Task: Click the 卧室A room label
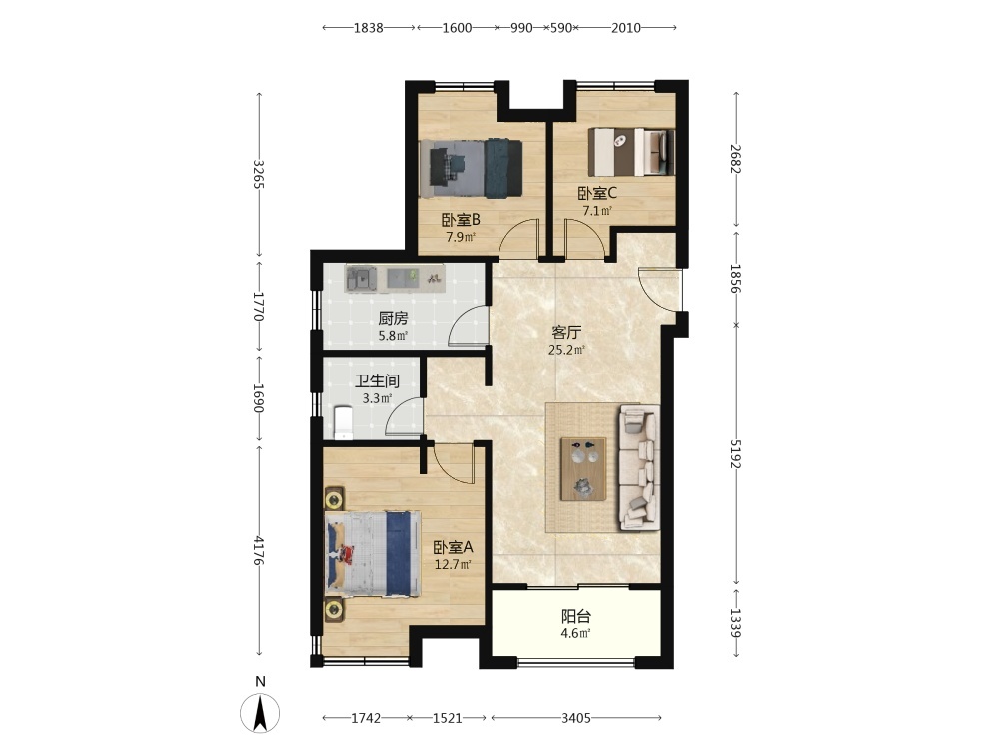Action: coord(453,547)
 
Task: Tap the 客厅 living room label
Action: coord(566,332)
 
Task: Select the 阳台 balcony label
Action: coord(576,616)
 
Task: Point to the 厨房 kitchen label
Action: coord(393,318)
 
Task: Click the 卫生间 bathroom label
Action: coord(378,380)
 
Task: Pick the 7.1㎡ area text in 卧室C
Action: coord(597,210)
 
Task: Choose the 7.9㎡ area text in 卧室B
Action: coord(461,237)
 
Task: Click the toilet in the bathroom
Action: coord(343,422)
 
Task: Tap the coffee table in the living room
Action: coord(583,468)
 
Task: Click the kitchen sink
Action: coord(361,279)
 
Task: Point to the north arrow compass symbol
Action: coord(260,713)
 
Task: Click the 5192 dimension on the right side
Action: coord(736,453)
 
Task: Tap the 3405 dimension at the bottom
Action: coord(576,718)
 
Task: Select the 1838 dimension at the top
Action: coord(369,27)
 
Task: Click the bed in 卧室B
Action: coord(472,168)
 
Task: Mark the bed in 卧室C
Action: coord(631,152)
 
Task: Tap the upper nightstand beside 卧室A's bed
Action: coord(334,498)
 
